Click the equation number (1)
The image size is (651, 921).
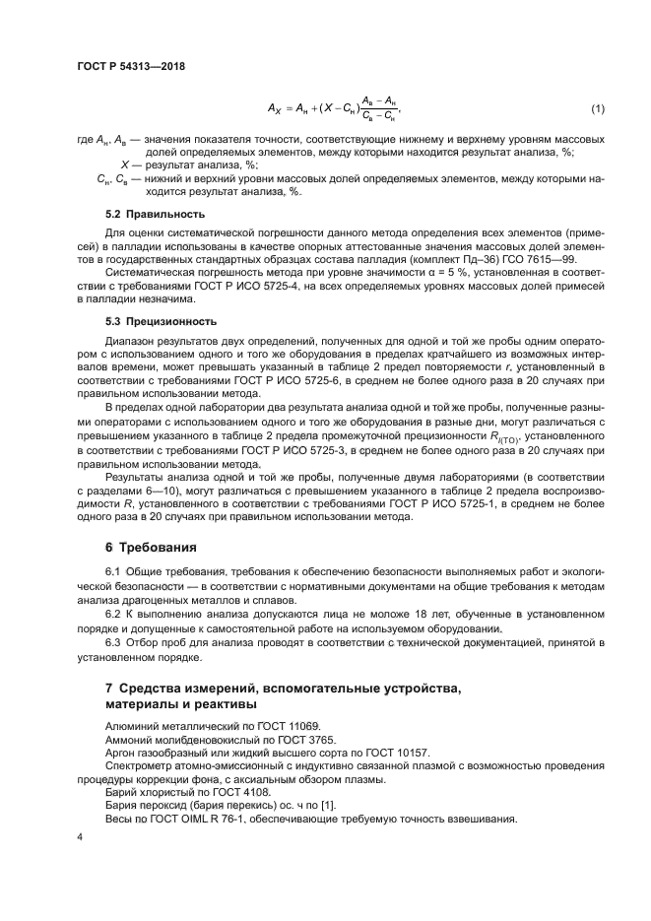click(x=598, y=106)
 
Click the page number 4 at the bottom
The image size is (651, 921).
click(x=79, y=836)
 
